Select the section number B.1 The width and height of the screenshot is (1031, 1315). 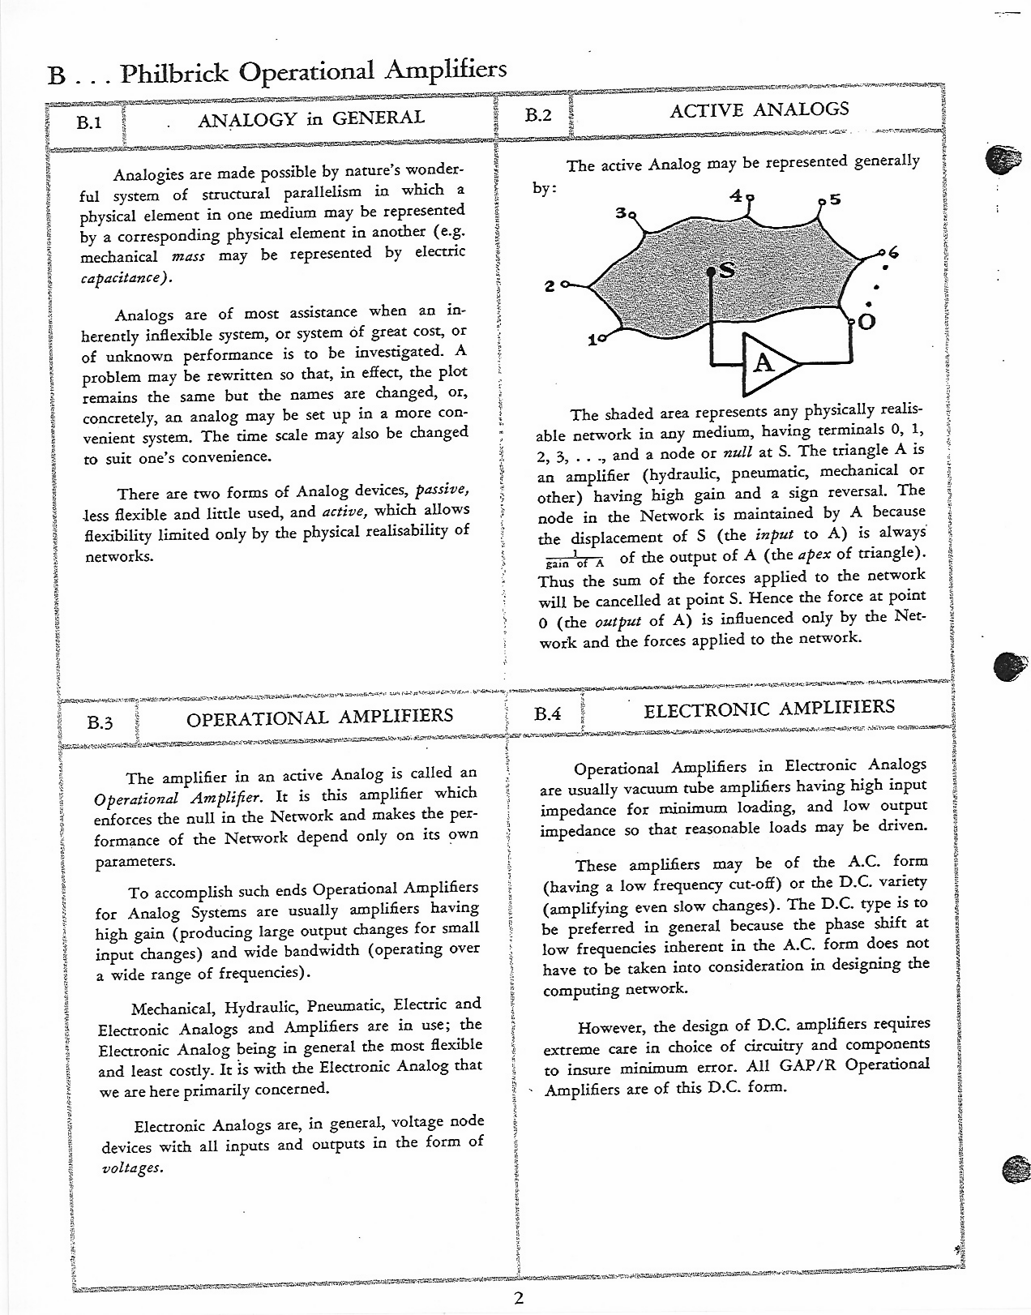(88, 123)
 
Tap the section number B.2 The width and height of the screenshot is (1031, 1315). (537, 115)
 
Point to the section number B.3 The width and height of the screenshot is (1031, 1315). (101, 722)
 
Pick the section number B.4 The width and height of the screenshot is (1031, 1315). (548, 714)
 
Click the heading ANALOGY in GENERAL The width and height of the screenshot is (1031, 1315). (311, 118)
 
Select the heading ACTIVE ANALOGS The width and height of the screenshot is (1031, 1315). (759, 109)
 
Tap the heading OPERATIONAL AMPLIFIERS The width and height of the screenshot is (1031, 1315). (320, 717)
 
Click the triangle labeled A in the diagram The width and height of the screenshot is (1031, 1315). (764, 362)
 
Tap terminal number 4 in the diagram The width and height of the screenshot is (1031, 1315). (735, 195)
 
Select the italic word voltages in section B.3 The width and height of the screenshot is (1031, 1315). (132, 1168)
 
